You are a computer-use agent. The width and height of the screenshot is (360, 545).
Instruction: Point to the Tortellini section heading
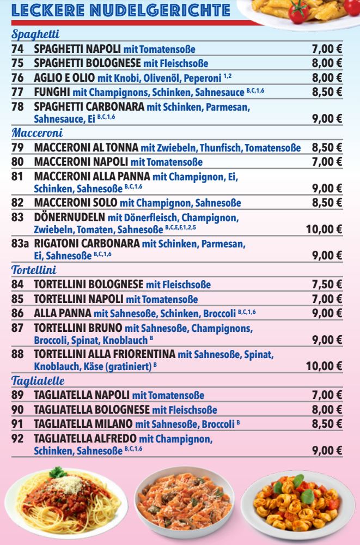(34, 269)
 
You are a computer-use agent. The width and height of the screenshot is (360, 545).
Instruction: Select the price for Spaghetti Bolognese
(327, 64)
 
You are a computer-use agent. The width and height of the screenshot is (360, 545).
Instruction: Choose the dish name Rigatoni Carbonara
(87, 241)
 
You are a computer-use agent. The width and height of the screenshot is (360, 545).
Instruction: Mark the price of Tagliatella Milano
(327, 424)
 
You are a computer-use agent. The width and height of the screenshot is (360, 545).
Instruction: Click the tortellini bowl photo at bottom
(295, 501)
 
